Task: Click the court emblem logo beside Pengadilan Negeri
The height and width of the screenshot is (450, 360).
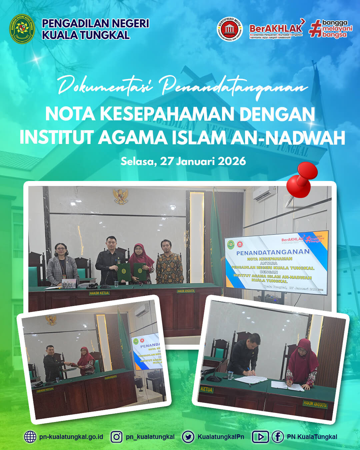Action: [22, 29]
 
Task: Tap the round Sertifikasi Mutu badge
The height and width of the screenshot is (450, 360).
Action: [230, 30]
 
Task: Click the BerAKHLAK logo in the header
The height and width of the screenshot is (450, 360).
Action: [276, 29]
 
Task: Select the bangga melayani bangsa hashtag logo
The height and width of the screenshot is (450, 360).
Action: [331, 29]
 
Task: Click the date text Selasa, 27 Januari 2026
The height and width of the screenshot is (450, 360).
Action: [183, 161]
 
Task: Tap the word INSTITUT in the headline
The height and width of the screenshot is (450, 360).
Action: [56, 137]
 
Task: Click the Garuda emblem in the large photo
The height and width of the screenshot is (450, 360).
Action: [120, 196]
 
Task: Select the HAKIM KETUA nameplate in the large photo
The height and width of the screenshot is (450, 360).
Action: [99, 293]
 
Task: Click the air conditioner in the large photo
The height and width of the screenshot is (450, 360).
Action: [264, 194]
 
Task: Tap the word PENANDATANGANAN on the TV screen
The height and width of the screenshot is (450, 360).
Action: [273, 252]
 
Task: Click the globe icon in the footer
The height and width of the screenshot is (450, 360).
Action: [30, 437]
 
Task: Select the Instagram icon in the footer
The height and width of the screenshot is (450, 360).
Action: [116, 437]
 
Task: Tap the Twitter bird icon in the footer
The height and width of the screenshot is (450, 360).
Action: [188, 437]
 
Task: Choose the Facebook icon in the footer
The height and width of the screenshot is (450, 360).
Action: [277, 437]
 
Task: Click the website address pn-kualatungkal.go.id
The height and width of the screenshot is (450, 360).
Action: [71, 437]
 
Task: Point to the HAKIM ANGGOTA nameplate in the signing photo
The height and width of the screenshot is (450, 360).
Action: [315, 404]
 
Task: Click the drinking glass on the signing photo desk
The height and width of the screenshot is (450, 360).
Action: [230, 375]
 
